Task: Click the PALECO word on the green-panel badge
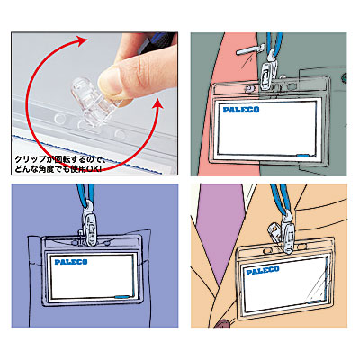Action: [238, 111]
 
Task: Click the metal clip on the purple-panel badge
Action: [88, 230]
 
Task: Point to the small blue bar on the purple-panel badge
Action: [121, 295]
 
